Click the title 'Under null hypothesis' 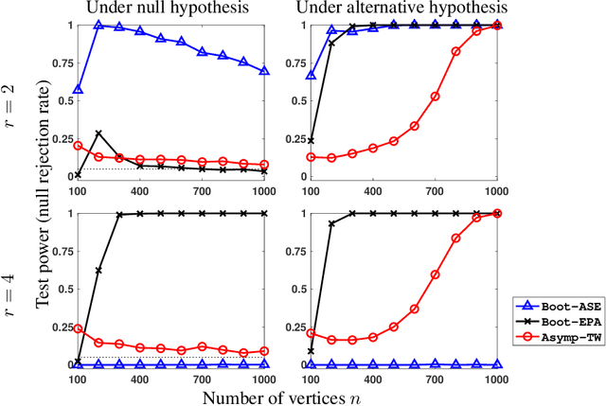coord(181,9)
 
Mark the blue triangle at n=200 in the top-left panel coord(98,26)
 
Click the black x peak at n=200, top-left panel coord(98,133)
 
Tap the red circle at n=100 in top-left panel coord(78,146)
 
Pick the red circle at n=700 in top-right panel coord(435,96)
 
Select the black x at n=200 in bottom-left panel coord(98,271)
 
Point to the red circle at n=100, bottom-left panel coord(78,328)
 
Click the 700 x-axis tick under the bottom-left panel coord(203,377)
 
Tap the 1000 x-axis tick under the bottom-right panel coord(494,377)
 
